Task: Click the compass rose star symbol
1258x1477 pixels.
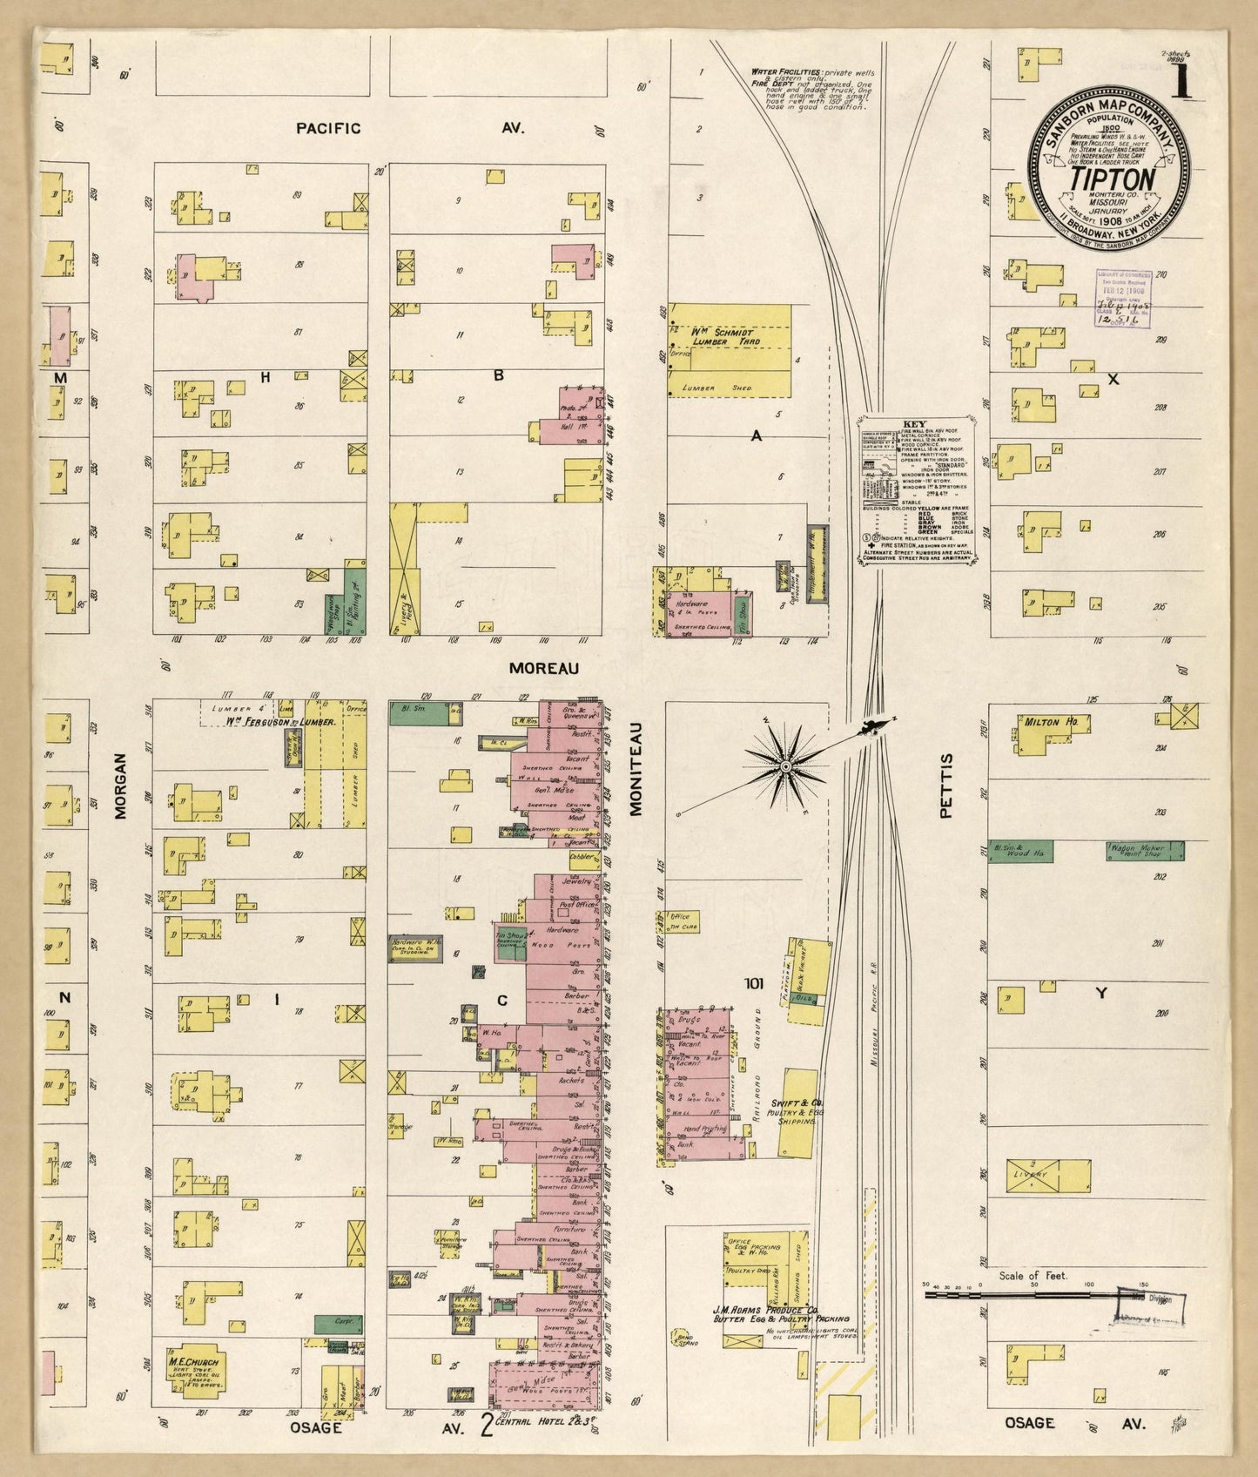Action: click(785, 765)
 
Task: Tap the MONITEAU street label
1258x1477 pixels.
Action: click(636, 768)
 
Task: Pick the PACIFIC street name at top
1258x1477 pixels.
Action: click(327, 128)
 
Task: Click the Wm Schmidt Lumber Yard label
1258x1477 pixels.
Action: click(726, 336)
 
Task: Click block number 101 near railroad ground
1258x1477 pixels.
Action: click(754, 983)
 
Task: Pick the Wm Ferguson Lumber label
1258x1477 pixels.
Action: click(270, 720)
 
